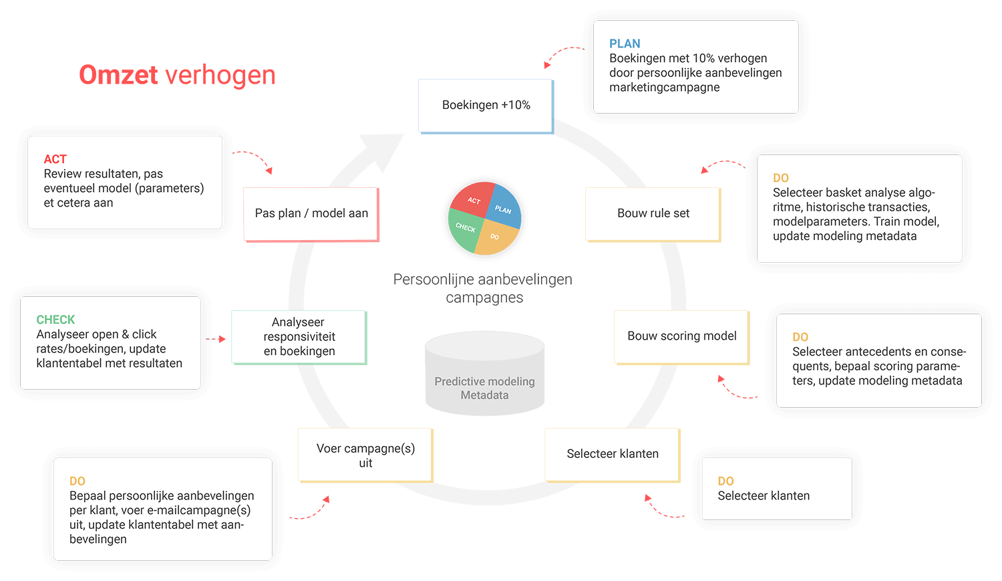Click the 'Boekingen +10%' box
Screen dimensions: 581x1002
pyautogui.click(x=486, y=106)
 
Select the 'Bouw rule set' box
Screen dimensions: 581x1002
pyautogui.click(x=653, y=213)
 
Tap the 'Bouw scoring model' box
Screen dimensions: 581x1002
pyautogui.click(x=681, y=336)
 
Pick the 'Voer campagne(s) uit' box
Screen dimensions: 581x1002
pyautogui.click(x=365, y=455)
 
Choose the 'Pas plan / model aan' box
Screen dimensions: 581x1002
pyautogui.click(x=311, y=213)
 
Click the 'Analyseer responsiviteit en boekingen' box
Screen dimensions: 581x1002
pyautogui.click(x=299, y=337)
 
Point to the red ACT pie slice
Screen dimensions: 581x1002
pyautogui.click(x=472, y=198)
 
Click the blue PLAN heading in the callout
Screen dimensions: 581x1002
pyautogui.click(x=625, y=44)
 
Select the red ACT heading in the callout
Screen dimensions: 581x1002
pyautogui.click(x=55, y=159)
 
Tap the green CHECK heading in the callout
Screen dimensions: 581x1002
pyautogui.click(x=55, y=320)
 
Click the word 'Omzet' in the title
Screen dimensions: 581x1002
pyautogui.click(x=118, y=75)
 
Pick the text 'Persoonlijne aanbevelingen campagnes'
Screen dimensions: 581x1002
pyautogui.click(x=483, y=288)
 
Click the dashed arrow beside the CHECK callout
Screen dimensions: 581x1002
pyautogui.click(x=215, y=340)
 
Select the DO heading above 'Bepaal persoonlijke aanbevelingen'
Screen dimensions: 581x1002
pyautogui.click(x=77, y=481)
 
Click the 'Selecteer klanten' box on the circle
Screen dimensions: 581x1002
pyautogui.click(x=613, y=454)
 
